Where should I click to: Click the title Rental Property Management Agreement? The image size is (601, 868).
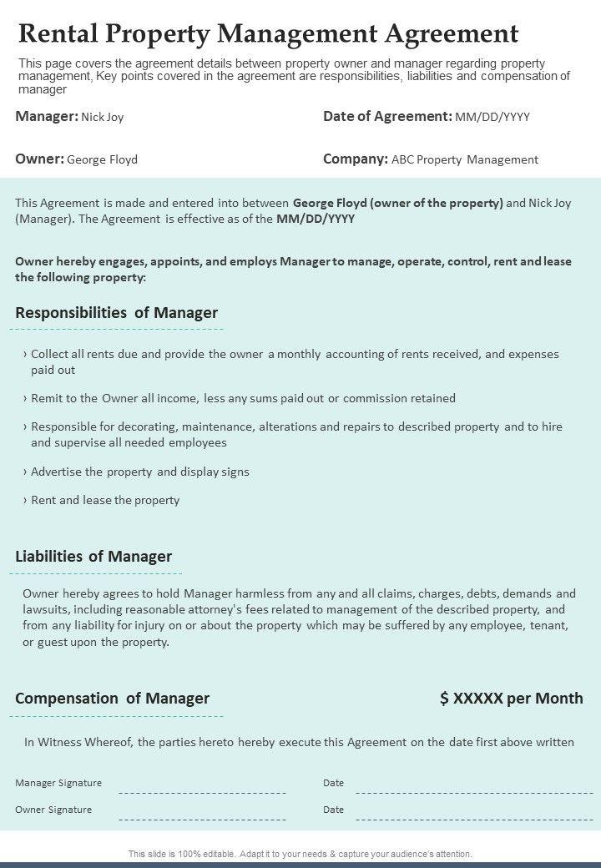click(x=268, y=33)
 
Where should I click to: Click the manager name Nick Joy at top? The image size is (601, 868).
click(x=103, y=118)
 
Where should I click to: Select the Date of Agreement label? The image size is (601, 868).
click(x=387, y=117)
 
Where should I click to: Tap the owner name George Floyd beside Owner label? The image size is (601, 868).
click(x=102, y=159)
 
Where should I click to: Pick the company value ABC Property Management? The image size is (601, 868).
click(x=465, y=159)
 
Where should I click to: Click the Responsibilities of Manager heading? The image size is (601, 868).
click(x=116, y=313)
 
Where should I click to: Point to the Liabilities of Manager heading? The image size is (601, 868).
click(x=93, y=557)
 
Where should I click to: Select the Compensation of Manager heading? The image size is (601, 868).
click(x=112, y=699)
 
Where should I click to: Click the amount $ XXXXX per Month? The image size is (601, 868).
click(x=511, y=699)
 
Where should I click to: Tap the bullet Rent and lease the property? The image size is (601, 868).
click(x=105, y=501)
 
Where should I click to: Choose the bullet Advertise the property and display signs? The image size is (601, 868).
click(x=140, y=472)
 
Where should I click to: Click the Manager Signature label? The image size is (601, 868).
click(x=58, y=783)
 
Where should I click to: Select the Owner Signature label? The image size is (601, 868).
click(x=53, y=810)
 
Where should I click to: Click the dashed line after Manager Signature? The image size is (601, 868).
click(x=203, y=791)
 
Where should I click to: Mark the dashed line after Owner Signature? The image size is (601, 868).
click(x=203, y=818)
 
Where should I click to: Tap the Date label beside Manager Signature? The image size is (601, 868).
click(x=333, y=783)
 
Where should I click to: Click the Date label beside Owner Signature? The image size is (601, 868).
click(x=333, y=810)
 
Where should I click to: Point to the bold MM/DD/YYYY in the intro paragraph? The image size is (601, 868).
click(x=316, y=220)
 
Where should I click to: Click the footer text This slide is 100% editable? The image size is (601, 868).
click(x=300, y=854)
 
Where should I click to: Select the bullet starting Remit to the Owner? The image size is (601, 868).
click(x=243, y=399)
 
